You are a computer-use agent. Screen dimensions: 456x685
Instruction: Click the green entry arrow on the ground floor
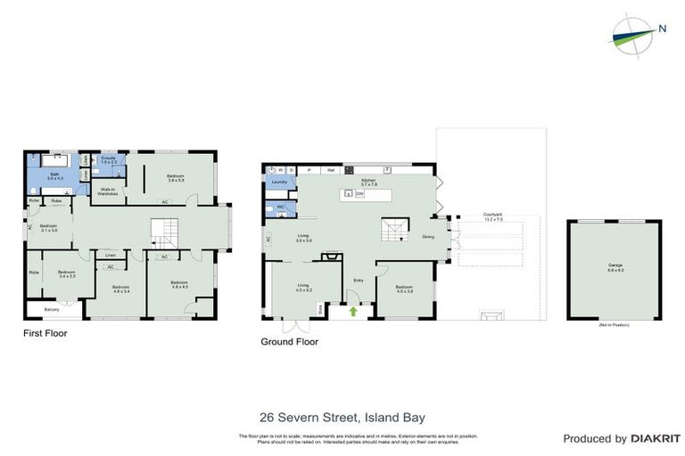pos(353,312)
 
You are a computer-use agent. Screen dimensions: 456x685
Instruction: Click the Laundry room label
pos(278,182)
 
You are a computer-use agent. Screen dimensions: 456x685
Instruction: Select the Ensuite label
pos(108,160)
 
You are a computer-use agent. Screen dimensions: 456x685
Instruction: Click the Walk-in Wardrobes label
pos(110,191)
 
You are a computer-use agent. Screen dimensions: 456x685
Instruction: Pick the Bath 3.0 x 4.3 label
pos(54,176)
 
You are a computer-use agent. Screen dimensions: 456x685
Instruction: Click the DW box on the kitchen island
pos(359,193)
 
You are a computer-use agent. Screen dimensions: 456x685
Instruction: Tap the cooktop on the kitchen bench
pos(350,169)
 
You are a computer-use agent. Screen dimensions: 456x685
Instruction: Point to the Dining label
pos(428,237)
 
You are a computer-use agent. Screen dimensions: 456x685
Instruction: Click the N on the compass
pos(662,28)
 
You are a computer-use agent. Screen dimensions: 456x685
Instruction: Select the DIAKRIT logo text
pos(656,438)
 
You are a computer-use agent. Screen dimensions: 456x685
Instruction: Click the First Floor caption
pos(45,334)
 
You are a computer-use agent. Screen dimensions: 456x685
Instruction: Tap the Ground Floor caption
pos(289,341)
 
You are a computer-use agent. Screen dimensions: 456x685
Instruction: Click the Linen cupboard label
pos(110,255)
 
